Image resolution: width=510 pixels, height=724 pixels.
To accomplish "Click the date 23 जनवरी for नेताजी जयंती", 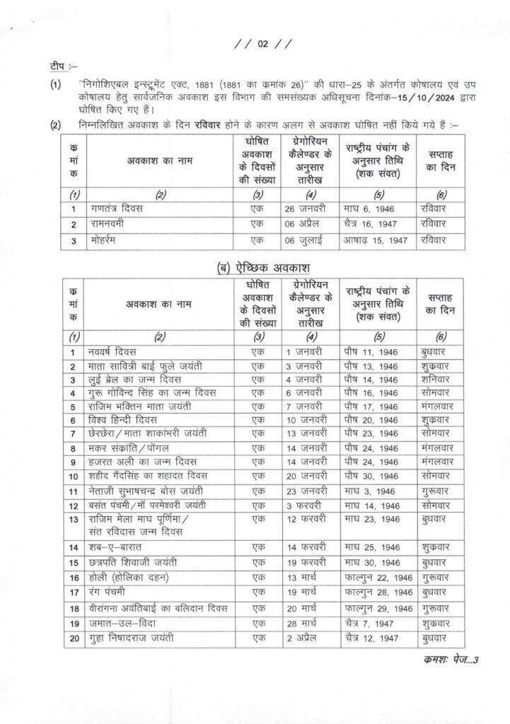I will [306, 491].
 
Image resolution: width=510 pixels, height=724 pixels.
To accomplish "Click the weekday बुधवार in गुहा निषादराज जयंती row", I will [435, 640].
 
